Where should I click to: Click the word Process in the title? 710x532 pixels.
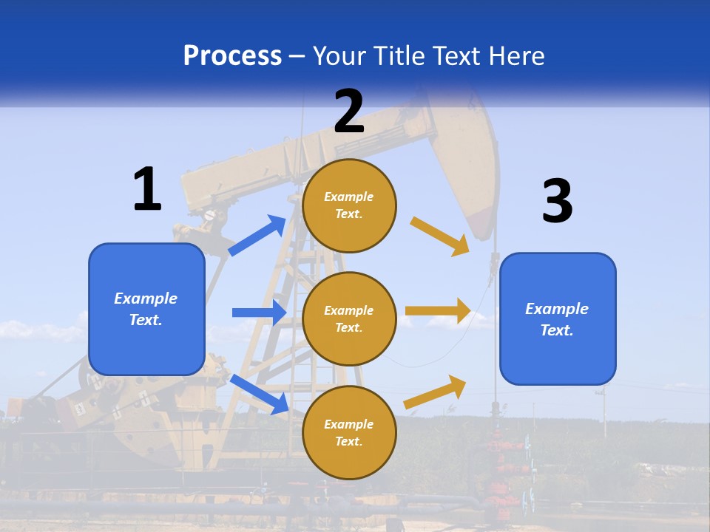232,56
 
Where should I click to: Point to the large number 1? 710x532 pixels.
147,189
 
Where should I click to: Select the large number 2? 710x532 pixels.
349,111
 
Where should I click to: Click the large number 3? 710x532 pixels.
557,202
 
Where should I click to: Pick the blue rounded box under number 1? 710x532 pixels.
146,309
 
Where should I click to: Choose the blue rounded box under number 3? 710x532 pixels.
558,318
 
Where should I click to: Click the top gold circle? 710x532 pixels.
349,205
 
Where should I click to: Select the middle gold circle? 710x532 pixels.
349,318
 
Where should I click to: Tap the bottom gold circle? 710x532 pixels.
349,432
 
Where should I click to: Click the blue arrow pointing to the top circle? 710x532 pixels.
257,236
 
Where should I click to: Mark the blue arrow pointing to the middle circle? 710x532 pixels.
259,313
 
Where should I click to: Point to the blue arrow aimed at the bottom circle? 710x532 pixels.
260,394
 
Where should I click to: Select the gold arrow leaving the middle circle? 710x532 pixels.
438,311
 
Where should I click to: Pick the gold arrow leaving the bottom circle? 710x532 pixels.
436,392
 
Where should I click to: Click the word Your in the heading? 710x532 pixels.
339,56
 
